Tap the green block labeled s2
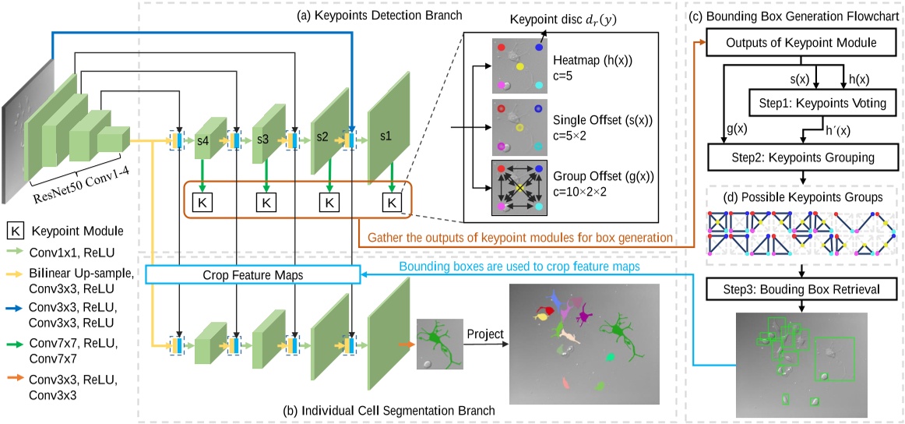(x=324, y=136)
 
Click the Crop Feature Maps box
(x=252, y=274)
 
